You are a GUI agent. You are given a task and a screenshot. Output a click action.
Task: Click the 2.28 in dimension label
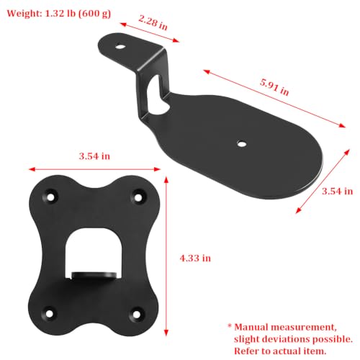(153, 23)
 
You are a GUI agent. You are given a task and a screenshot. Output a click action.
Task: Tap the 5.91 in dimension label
(274, 87)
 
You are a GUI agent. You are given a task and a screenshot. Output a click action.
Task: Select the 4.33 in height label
(195, 258)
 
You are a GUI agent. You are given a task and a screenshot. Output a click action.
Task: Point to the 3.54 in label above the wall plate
(94, 156)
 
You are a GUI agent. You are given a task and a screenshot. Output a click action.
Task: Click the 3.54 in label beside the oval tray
(337, 192)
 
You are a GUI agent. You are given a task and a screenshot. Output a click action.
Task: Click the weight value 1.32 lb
(60, 13)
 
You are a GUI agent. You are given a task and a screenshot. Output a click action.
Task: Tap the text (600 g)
(95, 14)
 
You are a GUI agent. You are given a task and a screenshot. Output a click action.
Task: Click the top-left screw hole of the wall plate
(50, 197)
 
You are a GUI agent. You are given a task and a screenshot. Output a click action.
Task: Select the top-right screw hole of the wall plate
(138, 198)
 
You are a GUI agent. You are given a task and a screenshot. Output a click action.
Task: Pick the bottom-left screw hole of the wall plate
(49, 314)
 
